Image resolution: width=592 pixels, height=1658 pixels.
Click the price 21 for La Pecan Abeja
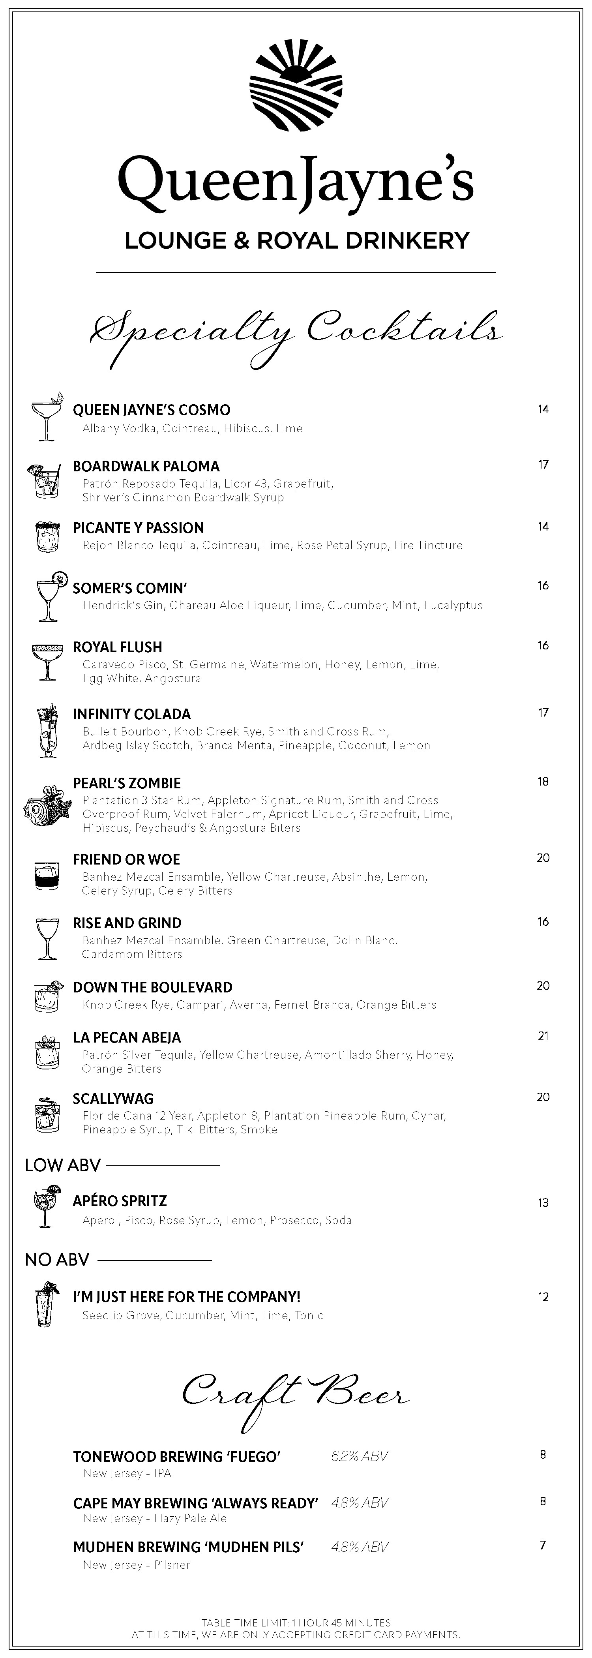(543, 1035)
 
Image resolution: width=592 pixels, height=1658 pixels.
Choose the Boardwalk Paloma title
(146, 466)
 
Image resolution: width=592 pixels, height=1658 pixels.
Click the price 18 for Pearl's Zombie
(543, 781)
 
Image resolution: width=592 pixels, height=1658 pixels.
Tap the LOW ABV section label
(62, 1165)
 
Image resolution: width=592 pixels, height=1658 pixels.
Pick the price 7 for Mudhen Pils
(542, 1545)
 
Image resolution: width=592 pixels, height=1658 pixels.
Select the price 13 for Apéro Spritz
(543, 1202)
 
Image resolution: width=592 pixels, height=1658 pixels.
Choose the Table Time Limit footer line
(296, 1622)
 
